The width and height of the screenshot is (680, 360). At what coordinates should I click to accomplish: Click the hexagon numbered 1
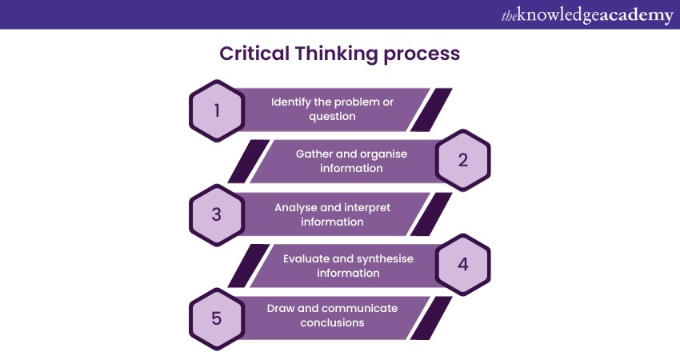coord(217,110)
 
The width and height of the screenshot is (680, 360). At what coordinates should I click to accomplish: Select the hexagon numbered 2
coord(462,159)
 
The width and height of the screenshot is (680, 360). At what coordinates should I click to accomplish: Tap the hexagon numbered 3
coord(217,214)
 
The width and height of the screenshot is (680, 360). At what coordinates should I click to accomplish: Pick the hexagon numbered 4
coord(462,265)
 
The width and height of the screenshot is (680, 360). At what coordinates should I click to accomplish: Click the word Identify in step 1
coord(292,102)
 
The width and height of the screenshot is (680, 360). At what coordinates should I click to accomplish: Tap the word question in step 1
coord(332,117)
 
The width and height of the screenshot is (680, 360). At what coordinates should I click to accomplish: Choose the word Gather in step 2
coord(314,154)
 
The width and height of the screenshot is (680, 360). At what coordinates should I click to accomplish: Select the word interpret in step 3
coord(367,207)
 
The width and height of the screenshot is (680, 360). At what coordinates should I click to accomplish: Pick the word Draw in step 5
coord(282,309)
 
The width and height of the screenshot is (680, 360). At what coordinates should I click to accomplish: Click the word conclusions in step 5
coord(332,323)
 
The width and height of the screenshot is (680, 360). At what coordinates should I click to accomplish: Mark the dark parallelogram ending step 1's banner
coord(431,110)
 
